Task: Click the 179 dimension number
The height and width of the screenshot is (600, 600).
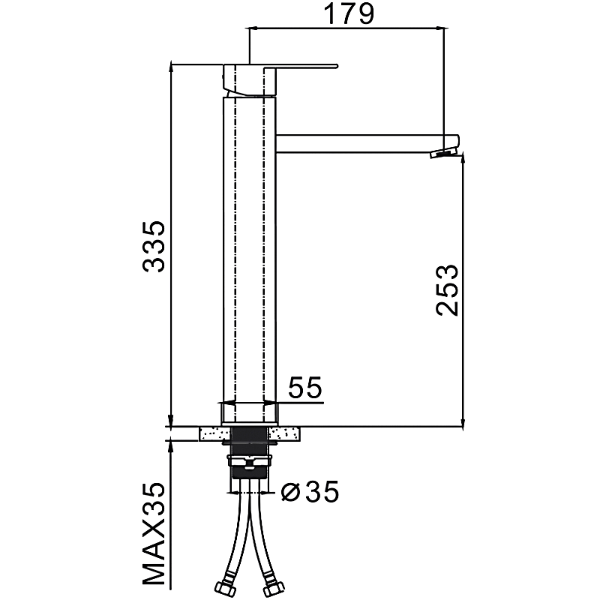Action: pyautogui.click(x=349, y=14)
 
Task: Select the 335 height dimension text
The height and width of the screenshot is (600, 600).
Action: pyautogui.click(x=154, y=247)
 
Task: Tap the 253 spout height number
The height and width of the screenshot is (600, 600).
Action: pyautogui.click(x=447, y=290)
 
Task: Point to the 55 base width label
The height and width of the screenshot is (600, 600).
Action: pyautogui.click(x=305, y=387)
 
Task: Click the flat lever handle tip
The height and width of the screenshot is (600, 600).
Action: pyautogui.click(x=336, y=66)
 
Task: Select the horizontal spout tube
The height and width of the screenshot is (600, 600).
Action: pyautogui.click(x=367, y=144)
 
